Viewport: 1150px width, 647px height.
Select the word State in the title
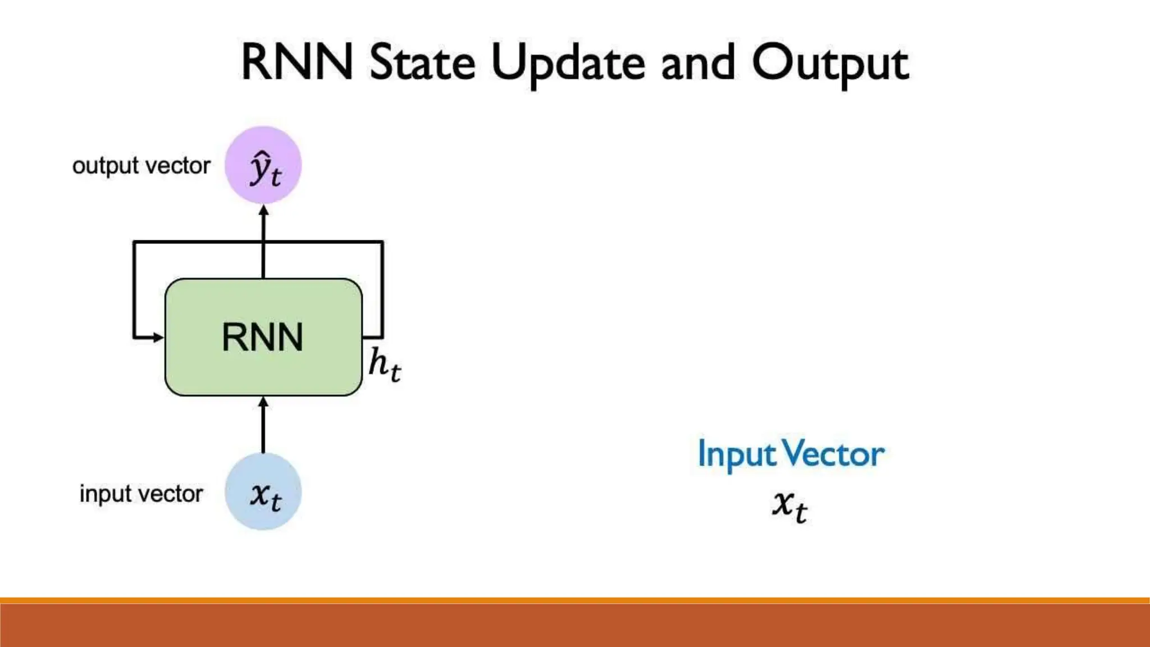pyautogui.click(x=422, y=63)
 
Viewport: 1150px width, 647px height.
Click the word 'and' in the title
pyautogui.click(x=698, y=63)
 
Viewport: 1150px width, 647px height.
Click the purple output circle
pyautogui.click(x=263, y=165)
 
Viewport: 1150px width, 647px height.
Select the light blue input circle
pyautogui.click(x=263, y=492)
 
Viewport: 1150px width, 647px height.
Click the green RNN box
pyautogui.click(x=263, y=337)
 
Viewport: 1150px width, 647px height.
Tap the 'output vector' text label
pyautogui.click(x=141, y=166)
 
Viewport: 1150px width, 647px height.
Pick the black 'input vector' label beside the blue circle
pyautogui.click(x=141, y=494)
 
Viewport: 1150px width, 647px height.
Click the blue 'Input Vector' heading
pyautogui.click(x=791, y=454)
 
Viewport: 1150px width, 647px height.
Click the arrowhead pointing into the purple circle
pyautogui.click(x=263, y=211)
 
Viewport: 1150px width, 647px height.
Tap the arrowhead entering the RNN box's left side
pyautogui.click(x=158, y=338)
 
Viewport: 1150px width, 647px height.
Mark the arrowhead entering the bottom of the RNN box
pyautogui.click(x=263, y=402)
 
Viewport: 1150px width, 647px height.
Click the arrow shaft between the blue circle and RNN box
pyautogui.click(x=263, y=430)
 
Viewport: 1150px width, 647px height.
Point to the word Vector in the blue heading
pyautogui.click(x=833, y=454)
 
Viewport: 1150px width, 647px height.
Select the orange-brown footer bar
pyautogui.click(x=575, y=625)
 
